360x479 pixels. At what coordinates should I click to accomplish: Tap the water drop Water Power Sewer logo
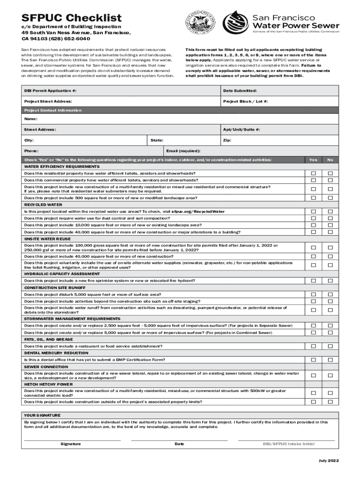click(x=236, y=22)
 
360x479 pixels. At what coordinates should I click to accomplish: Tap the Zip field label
click(x=227, y=140)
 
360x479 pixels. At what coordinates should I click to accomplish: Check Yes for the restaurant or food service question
click(x=314, y=346)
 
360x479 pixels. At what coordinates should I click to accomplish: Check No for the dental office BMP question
click(x=330, y=360)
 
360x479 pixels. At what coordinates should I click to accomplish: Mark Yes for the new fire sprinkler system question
click(x=314, y=281)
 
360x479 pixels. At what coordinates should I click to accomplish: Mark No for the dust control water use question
click(x=330, y=218)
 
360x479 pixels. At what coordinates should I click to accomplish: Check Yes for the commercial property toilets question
click(x=314, y=180)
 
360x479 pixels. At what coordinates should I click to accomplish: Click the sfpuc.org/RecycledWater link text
click(x=198, y=211)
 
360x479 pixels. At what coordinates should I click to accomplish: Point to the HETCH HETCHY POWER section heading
click(x=49, y=384)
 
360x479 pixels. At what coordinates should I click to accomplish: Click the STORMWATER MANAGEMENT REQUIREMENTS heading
click(x=72, y=319)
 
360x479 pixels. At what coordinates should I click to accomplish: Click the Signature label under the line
click(x=71, y=444)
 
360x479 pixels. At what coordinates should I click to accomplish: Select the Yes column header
click(x=313, y=160)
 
